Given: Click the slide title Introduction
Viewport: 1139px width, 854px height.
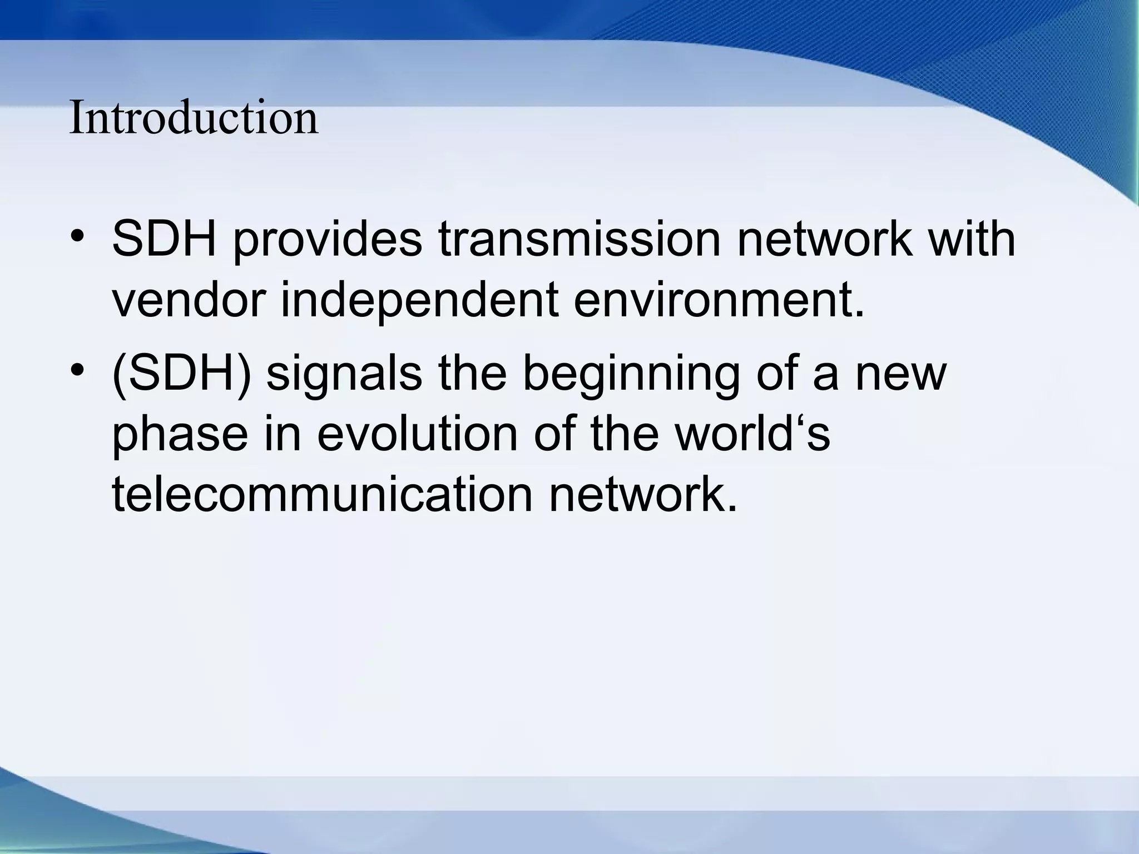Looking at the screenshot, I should (x=194, y=118).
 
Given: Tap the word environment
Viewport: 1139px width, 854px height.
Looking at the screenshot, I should (x=718, y=300).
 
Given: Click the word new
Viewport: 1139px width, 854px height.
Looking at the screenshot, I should (x=900, y=374).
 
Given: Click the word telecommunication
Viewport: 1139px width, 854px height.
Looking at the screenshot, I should (x=323, y=494).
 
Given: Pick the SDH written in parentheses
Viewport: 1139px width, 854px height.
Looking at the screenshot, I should (x=181, y=374).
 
